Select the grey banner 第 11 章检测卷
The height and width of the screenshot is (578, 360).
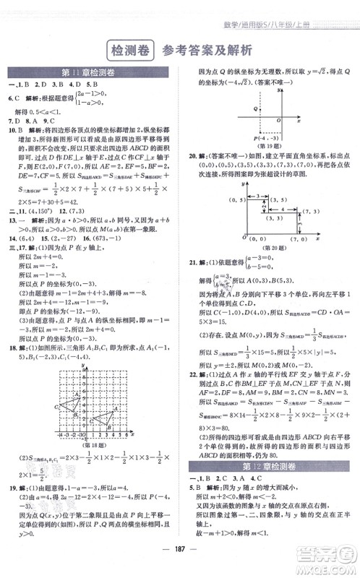(x=90, y=72)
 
